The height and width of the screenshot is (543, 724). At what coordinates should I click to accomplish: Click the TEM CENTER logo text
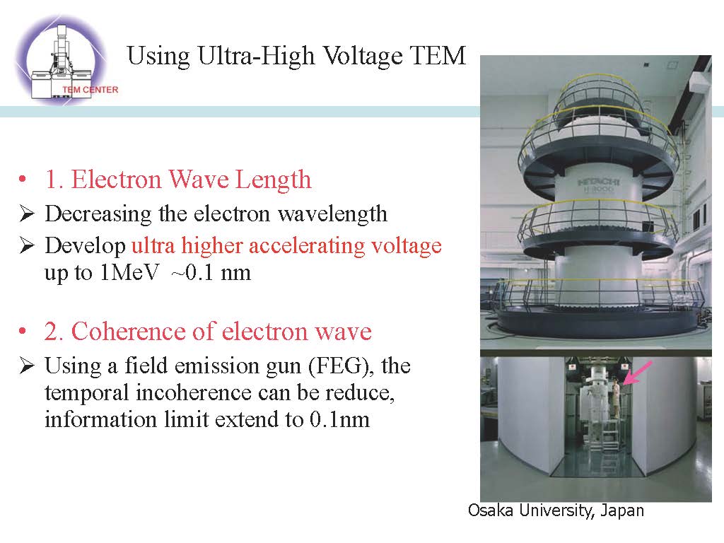click(x=90, y=90)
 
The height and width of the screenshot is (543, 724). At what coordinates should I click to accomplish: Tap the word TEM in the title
click(x=438, y=55)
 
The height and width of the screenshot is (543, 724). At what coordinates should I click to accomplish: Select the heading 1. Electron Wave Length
click(x=177, y=179)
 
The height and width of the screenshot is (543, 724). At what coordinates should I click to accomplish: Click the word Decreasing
click(x=98, y=214)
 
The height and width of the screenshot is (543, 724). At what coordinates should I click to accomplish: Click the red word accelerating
click(x=308, y=245)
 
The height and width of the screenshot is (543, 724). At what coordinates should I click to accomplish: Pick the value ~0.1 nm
click(x=211, y=272)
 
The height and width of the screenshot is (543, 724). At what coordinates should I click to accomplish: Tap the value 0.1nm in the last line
click(x=340, y=420)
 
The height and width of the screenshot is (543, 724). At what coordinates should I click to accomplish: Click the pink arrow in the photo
click(x=637, y=373)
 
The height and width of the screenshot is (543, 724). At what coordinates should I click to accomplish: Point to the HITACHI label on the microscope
click(x=599, y=182)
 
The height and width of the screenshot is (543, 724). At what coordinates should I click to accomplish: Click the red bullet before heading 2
click(x=22, y=331)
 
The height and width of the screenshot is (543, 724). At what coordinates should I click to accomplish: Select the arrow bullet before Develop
click(x=28, y=245)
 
